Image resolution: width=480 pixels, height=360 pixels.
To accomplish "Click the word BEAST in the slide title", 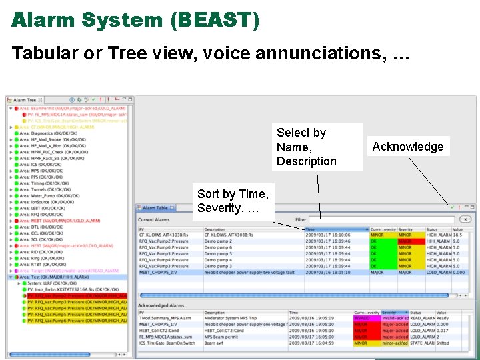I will pyautogui.click(x=214, y=20).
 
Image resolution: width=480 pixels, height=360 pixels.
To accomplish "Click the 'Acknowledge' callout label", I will pyautogui.click(x=407, y=147).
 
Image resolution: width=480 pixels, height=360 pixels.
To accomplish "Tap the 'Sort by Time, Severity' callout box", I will pyautogui.click(x=233, y=201).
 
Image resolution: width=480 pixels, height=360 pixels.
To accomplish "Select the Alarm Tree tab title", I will pyautogui.click(x=25, y=100).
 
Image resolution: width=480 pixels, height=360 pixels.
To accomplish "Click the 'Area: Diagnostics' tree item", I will pyautogui.click(x=48, y=133).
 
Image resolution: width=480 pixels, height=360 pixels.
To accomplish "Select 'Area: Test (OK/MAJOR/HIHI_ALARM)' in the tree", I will pyautogui.click(x=55, y=277).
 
